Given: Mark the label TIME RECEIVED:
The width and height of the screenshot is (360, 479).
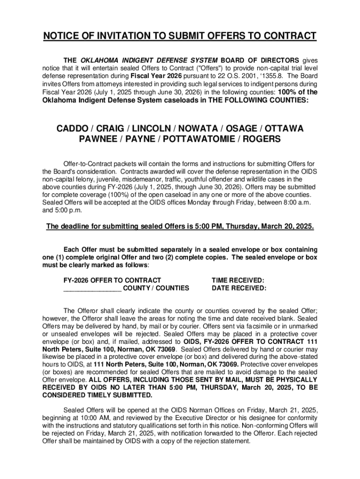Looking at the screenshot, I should [238, 280].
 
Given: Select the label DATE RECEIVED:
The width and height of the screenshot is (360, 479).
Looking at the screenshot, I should [239, 288].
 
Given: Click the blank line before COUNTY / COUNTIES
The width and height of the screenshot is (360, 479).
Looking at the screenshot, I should [92, 289].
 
